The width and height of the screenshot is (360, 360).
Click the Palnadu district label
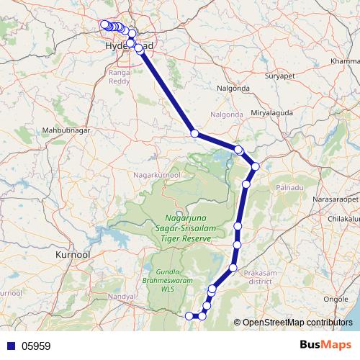290,187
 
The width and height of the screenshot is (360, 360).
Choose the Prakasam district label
264,276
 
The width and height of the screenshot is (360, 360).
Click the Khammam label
345,61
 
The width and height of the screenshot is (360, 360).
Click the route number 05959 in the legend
36,346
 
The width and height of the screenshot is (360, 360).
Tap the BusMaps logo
325,345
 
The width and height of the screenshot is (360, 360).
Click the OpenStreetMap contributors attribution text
299,322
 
